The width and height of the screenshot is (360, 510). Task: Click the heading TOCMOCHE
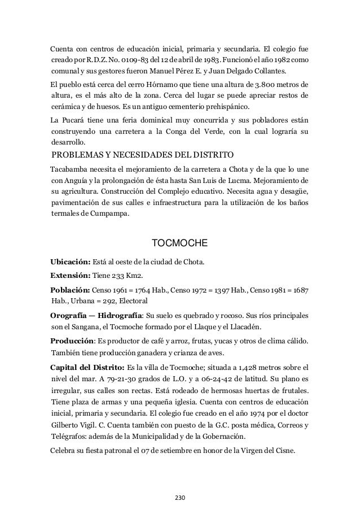(181, 243)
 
